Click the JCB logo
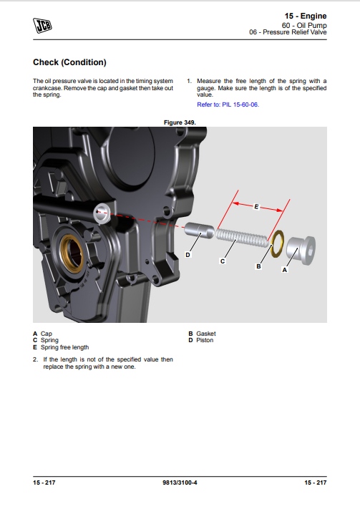point(42,26)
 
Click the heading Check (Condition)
point(69,62)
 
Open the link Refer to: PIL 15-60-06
point(228,105)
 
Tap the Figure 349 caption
point(180,122)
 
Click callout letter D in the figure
point(188,255)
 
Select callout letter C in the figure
point(223,261)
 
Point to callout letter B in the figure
point(258,266)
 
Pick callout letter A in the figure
point(285,270)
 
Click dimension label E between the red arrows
point(256,206)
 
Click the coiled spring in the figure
point(242,238)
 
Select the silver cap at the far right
point(301,251)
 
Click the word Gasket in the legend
point(206,334)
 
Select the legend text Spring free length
point(64,347)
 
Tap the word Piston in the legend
point(205,340)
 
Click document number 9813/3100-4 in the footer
point(180,483)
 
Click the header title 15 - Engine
point(306,16)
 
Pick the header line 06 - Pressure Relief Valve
point(288,32)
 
